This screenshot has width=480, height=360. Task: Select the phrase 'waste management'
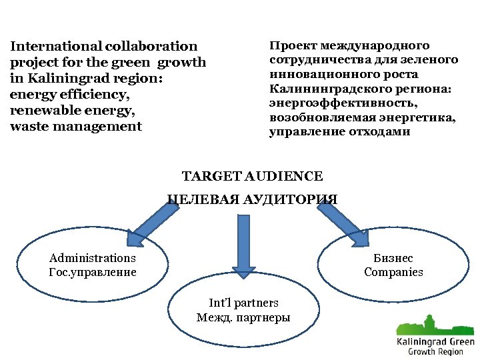pyautogui.click(x=76, y=127)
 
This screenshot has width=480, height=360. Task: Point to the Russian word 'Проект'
pyautogui.click(x=292, y=46)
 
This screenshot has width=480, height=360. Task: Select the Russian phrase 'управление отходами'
pyautogui.click(x=340, y=132)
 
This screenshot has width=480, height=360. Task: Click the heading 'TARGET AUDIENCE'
pyautogui.click(x=252, y=177)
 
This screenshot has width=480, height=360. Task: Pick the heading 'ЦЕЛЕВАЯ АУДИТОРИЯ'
pyautogui.click(x=252, y=199)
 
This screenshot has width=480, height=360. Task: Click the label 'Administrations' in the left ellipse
pyautogui.click(x=93, y=259)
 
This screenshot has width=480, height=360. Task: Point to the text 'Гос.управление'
pyautogui.click(x=93, y=272)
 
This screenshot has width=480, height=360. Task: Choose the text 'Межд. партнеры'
pyautogui.click(x=243, y=317)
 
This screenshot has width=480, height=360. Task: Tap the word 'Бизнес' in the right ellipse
pyautogui.click(x=393, y=259)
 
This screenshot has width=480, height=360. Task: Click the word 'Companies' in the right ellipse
pyautogui.click(x=393, y=272)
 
